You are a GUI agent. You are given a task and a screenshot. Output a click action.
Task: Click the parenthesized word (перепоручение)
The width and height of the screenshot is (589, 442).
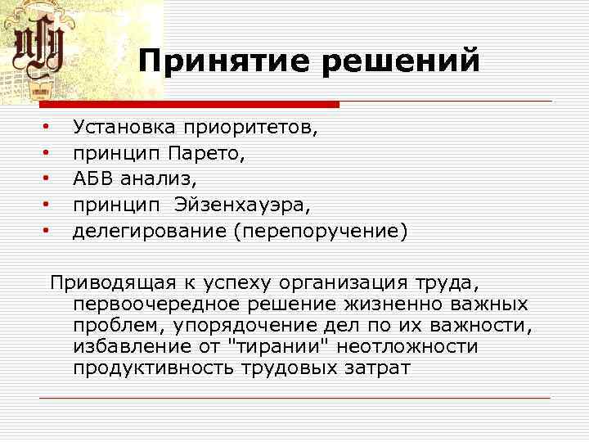pos(320,232)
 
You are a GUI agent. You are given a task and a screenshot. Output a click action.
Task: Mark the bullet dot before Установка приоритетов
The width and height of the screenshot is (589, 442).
pos(47,128)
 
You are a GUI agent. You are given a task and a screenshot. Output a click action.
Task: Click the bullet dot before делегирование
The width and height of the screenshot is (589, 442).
pos(47,231)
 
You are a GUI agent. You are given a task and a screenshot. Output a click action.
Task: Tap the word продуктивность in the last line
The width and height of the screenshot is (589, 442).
pos(153,368)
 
